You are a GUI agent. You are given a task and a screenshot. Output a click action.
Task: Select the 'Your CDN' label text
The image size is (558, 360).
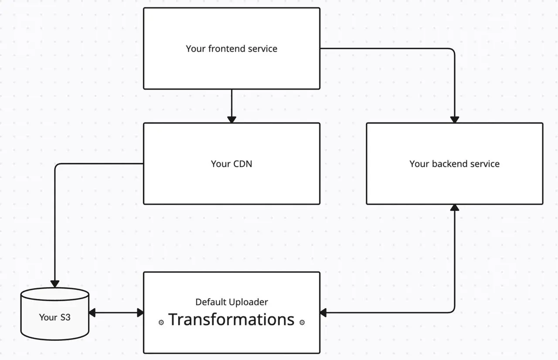pyautogui.click(x=231, y=164)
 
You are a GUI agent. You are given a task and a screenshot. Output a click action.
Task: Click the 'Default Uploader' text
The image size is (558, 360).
pyautogui.click(x=231, y=302)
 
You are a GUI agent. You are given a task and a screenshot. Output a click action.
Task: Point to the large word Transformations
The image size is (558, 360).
pyautogui.click(x=231, y=319)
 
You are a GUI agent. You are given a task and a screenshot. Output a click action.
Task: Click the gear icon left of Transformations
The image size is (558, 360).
pyautogui.click(x=161, y=323)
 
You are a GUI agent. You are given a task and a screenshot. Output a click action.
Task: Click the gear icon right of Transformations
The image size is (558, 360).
pyautogui.click(x=302, y=323)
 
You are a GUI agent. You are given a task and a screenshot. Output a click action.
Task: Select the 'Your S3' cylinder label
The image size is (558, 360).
pyautogui.click(x=54, y=317)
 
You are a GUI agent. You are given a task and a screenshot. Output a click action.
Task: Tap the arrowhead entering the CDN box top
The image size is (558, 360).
pyautogui.click(x=231, y=119)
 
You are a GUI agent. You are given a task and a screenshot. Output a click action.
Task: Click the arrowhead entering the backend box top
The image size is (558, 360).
pyautogui.click(x=455, y=119)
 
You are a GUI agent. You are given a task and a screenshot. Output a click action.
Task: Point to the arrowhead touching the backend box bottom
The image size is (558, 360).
pyautogui.click(x=455, y=208)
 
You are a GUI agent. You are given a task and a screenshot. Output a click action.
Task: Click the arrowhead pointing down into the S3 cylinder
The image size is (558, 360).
pyautogui.click(x=55, y=284)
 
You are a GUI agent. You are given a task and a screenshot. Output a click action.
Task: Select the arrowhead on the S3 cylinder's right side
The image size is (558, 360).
pyautogui.click(x=92, y=312)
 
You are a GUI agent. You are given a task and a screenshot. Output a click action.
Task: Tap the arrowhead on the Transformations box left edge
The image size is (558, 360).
pyautogui.click(x=140, y=312)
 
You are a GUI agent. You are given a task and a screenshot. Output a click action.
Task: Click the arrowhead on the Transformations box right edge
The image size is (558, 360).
pyautogui.click(x=323, y=312)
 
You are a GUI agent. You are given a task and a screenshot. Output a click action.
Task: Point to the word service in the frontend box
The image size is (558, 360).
pyautogui.click(x=262, y=48)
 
